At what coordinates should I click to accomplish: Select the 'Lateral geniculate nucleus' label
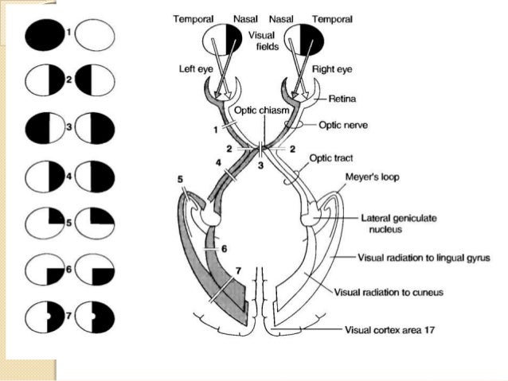click(x=389, y=221)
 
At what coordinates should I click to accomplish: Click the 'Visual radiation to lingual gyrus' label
click(x=422, y=258)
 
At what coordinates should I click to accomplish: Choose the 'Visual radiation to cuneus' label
click(x=389, y=293)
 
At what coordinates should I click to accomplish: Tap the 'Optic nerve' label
click(x=343, y=125)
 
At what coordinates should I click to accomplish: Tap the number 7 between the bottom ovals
click(x=70, y=315)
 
